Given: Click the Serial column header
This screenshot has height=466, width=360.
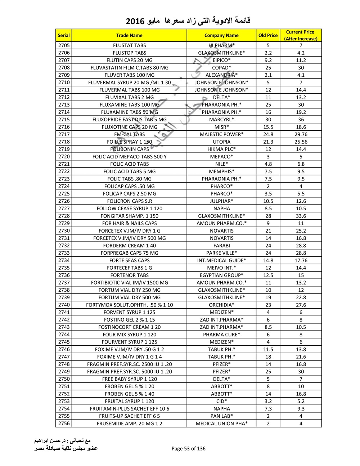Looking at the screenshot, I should click(64, 35).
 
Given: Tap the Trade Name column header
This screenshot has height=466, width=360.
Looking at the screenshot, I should click(129, 35).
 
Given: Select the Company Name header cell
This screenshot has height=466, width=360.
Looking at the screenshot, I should click(221, 35).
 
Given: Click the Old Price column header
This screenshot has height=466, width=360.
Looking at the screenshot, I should click(268, 35).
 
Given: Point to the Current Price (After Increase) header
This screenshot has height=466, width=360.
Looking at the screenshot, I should click(301, 35).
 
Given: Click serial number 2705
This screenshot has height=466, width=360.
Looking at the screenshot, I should click(64, 45).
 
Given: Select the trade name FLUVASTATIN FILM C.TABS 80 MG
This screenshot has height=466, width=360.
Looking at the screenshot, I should click(129, 68).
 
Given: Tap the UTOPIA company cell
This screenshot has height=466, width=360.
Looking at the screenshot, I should click(221, 142).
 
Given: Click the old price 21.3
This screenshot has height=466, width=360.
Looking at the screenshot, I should click(268, 142).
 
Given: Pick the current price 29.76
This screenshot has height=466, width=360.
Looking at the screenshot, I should click(301, 134).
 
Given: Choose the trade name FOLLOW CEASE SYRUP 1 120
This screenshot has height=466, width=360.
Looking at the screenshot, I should click(129, 209).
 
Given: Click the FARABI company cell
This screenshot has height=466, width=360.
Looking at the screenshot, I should click(221, 246).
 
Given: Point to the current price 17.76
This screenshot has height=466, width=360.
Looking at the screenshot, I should click(301, 260).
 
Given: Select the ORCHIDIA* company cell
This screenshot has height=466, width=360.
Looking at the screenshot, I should click(221, 305).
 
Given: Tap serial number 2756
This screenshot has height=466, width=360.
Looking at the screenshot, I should click(64, 424).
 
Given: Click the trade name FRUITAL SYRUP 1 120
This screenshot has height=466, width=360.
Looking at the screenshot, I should click(129, 401).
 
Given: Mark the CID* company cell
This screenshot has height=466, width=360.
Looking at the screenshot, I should click(221, 401).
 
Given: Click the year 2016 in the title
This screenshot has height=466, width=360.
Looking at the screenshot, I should click(135, 21).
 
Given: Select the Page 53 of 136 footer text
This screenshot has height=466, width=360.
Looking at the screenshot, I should click(189, 448).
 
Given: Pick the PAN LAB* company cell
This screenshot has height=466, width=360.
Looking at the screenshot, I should click(221, 416).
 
